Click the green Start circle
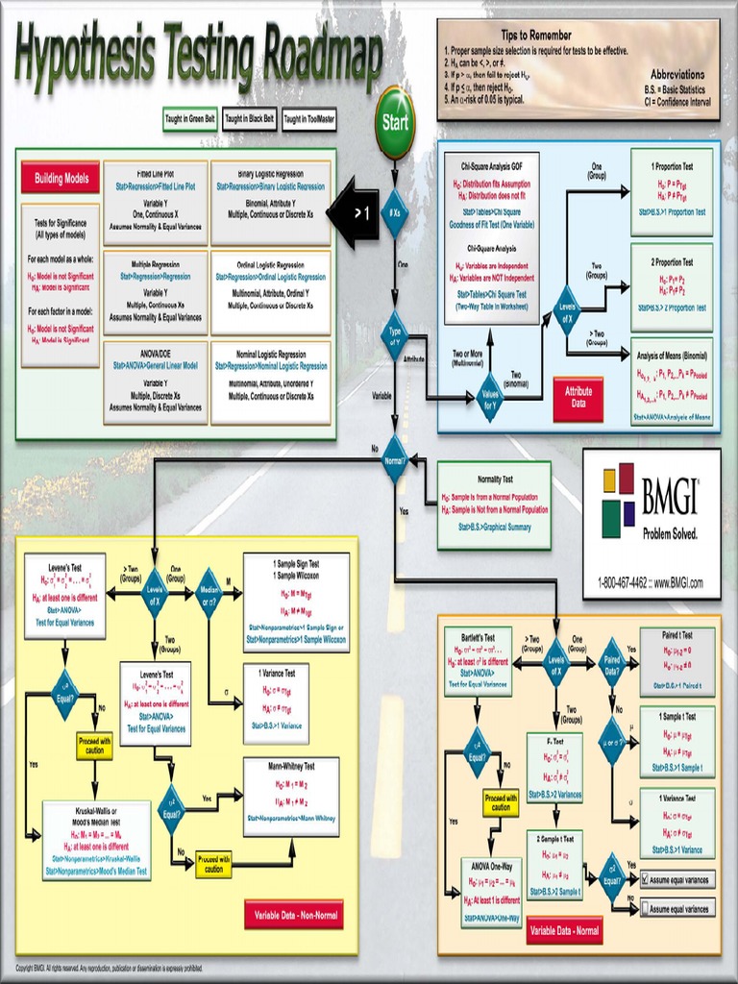(395, 122)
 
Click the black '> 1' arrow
(354, 212)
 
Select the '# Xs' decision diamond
(394, 212)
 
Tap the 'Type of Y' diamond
(394, 334)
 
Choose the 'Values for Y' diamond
(490, 397)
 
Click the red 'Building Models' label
(61, 178)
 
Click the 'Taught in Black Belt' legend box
(249, 119)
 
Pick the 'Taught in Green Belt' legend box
(188, 119)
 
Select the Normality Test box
(495, 504)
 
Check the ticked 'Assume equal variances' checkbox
(646, 879)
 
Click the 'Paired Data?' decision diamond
(612, 663)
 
